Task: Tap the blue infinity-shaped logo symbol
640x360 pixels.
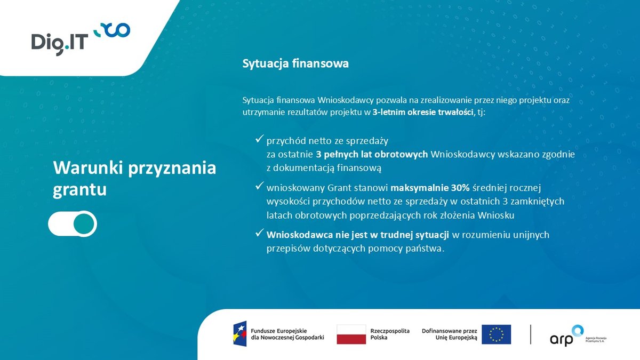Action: click(112, 30)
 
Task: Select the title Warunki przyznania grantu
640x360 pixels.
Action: click(134, 178)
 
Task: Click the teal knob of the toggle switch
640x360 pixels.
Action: click(84, 224)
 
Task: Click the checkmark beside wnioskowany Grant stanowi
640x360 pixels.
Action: click(259, 187)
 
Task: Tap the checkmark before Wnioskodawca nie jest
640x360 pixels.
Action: click(259, 234)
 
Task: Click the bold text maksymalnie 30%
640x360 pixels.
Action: click(430, 188)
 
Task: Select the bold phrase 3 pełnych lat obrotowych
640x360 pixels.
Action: click(371, 155)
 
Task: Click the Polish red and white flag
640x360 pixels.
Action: click(351, 334)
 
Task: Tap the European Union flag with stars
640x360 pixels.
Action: click(496, 334)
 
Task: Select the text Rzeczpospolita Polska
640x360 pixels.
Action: click(390, 334)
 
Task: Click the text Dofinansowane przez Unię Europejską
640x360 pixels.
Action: click(449, 334)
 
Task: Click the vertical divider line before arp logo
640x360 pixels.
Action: click(531, 334)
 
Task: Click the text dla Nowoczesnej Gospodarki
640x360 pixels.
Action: click(288, 338)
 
